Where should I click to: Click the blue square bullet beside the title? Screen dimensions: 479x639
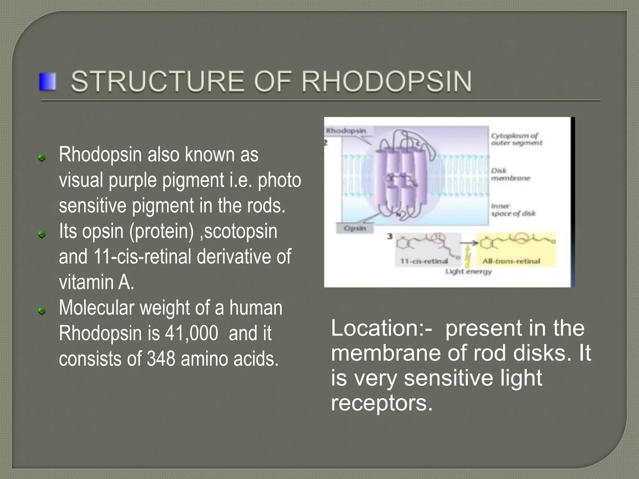click(x=47, y=82)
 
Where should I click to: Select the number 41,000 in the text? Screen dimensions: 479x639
click(x=192, y=333)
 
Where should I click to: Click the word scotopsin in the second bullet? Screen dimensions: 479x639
click(x=241, y=231)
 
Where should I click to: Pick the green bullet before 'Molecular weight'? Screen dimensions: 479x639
click(x=42, y=311)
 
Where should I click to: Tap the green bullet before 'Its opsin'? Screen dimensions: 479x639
click(x=42, y=234)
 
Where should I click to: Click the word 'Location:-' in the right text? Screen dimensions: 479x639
click(x=381, y=328)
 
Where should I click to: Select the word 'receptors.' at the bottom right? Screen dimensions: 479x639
click(x=382, y=403)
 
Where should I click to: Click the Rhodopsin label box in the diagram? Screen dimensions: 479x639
click(x=346, y=131)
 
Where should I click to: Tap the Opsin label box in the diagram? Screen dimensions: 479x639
click(x=355, y=228)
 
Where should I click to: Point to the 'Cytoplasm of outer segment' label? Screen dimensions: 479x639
click(x=516, y=139)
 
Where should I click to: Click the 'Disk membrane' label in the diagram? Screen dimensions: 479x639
click(x=510, y=174)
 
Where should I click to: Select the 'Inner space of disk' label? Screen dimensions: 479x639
click(x=513, y=210)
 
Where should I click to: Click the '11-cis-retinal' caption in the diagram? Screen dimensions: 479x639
click(x=424, y=261)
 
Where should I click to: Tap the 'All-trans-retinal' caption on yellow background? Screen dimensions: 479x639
click(x=511, y=261)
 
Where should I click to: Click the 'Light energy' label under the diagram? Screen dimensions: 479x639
click(x=468, y=272)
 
